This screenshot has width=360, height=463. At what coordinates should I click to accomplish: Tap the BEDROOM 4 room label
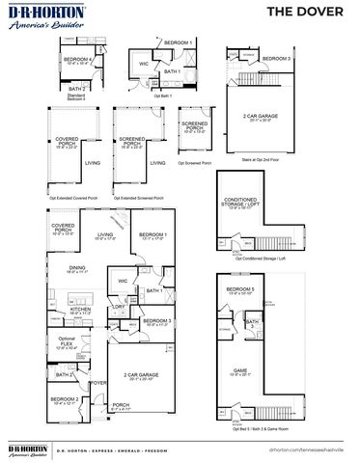pyautogui.click(x=79, y=61)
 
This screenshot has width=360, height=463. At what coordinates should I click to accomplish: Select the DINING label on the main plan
pyautogui.click(x=76, y=270)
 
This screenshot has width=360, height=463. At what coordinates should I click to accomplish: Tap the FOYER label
pyautogui.click(x=98, y=382)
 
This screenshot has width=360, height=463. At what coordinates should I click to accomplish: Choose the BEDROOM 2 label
pyautogui.click(x=65, y=399)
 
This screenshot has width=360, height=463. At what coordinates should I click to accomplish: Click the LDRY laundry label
pyautogui.click(x=117, y=308)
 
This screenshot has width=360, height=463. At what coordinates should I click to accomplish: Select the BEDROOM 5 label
pyautogui.click(x=239, y=290)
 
